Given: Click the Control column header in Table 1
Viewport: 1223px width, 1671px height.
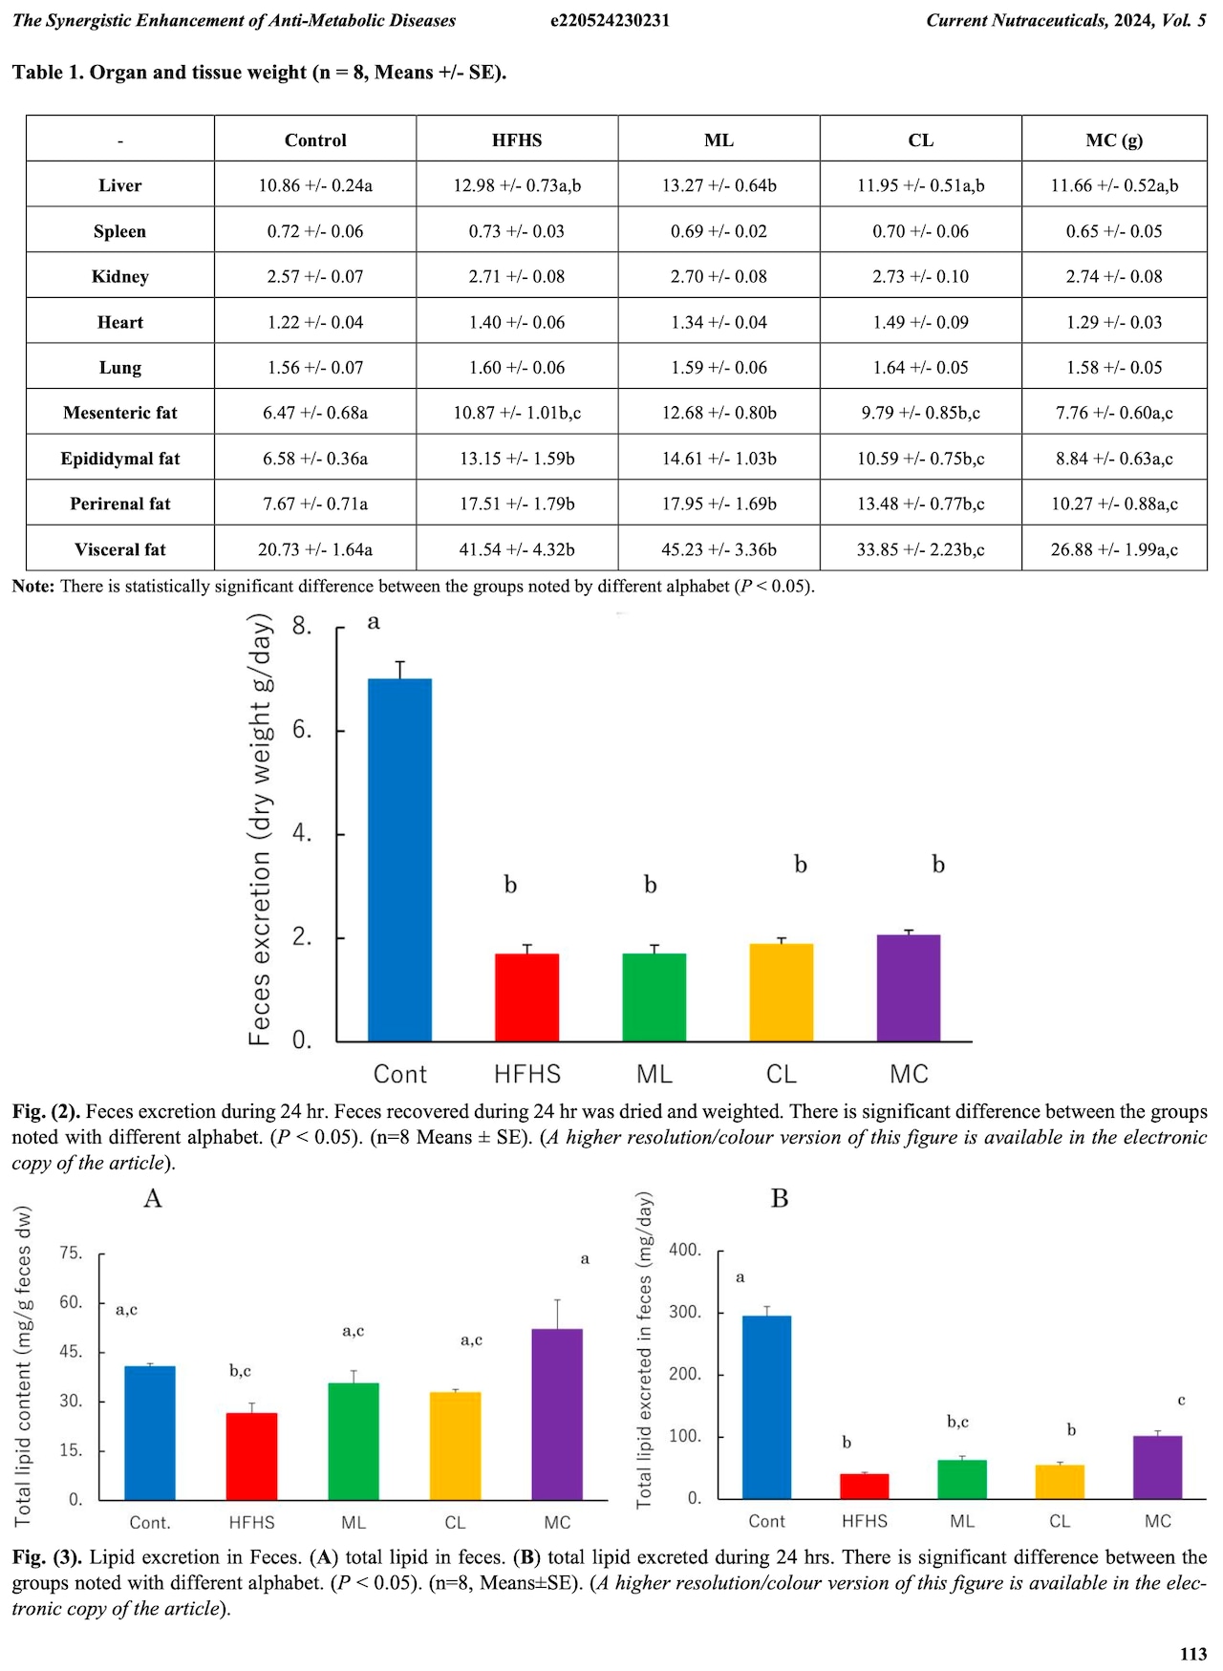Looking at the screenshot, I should [315, 139].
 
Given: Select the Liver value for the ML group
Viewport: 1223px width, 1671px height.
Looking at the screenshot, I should [719, 185].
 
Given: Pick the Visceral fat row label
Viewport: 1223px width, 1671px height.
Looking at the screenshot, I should [120, 549].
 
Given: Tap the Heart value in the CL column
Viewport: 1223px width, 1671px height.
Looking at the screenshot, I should [920, 322].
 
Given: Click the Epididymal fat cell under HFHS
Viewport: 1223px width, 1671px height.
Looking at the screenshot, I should [517, 459].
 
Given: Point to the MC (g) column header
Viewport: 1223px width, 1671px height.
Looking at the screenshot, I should [1114, 139].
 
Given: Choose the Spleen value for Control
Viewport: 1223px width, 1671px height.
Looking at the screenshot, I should [315, 231].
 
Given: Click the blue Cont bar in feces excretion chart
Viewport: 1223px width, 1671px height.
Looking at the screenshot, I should [399, 860].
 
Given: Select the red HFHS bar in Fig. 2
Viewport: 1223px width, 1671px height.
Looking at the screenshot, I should [526, 997].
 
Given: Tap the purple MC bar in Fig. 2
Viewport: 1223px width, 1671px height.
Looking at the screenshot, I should [909, 988].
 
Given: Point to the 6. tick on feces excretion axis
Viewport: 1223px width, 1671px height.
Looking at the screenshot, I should [302, 731].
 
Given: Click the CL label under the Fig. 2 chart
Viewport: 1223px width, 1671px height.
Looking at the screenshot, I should [782, 1075].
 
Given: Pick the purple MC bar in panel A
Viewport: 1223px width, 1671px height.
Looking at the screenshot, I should [557, 1414].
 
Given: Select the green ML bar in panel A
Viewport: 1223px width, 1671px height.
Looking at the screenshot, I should [354, 1441].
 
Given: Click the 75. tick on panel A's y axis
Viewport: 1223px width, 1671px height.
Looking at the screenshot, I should [72, 1253].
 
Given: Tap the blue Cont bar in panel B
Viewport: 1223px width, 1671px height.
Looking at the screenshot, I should [767, 1406].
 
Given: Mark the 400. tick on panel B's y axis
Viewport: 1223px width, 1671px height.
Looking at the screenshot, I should [685, 1250].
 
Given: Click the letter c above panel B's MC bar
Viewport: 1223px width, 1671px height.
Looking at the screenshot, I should [1181, 1401].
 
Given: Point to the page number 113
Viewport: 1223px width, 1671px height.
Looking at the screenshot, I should [1193, 1654].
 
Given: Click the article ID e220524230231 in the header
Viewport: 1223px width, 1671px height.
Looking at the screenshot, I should [610, 20].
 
